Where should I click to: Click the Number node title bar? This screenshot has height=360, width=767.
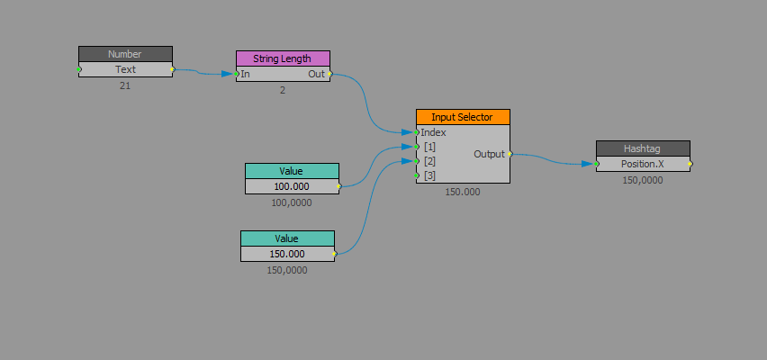(125, 54)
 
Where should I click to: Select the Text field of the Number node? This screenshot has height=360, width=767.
(125, 69)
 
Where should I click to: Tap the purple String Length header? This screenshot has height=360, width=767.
(283, 58)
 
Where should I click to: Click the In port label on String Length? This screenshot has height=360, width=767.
(245, 74)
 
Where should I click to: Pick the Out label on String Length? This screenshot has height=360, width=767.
(316, 74)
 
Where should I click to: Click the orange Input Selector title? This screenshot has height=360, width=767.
(463, 117)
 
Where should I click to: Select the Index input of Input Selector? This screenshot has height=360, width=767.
(433, 132)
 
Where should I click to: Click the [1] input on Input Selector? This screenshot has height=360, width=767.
(429, 147)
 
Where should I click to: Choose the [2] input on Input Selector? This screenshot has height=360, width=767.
(429, 161)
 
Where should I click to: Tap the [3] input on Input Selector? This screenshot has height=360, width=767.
(429, 175)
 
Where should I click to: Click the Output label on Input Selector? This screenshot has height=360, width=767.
(489, 154)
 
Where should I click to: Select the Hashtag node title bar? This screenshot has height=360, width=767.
(643, 148)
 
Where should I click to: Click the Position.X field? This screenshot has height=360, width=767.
(643, 164)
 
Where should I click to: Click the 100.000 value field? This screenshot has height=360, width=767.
(292, 186)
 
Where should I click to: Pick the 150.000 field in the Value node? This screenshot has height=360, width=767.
(287, 254)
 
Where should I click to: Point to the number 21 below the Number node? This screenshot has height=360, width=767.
(125, 85)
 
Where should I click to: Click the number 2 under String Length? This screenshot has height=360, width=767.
(283, 90)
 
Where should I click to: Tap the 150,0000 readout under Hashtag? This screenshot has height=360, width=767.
(643, 180)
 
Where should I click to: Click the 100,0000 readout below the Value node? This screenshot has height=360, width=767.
(292, 202)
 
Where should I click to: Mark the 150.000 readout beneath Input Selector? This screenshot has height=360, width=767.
(463, 192)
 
